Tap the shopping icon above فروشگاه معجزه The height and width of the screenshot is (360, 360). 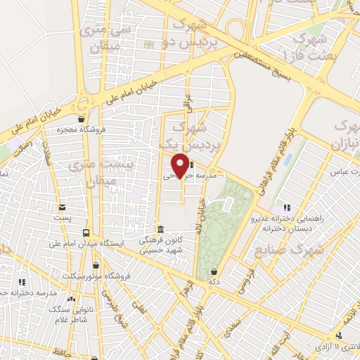click(82, 119)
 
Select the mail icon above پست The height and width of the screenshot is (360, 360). click(63, 207)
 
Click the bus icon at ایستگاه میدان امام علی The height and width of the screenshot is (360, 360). click(86, 233)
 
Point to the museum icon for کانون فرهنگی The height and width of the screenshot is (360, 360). click(161, 230)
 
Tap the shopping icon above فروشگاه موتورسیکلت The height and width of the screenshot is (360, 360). click(108, 265)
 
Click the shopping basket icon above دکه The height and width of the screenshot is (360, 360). click(213, 271)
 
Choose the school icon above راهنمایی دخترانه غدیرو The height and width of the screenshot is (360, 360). click(286, 207)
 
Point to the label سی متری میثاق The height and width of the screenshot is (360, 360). click(99, 38)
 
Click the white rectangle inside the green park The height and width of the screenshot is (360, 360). click(229, 203)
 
